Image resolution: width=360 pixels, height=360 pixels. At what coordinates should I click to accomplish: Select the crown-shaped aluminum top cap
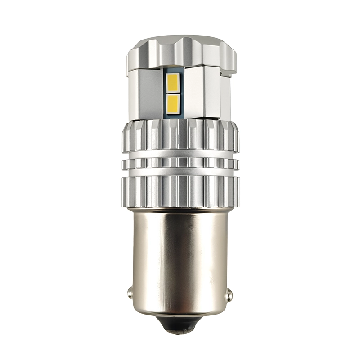(x=180, y=52)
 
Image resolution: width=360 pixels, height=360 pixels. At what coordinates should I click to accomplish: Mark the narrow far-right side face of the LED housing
(x=226, y=97)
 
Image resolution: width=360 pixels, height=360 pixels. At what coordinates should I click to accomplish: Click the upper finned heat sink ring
(x=180, y=137)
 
